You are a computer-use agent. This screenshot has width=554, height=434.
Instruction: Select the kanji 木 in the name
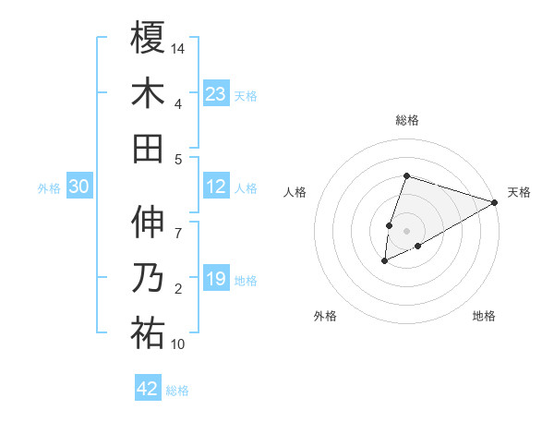click(148, 92)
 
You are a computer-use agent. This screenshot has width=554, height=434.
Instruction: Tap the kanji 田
click(148, 148)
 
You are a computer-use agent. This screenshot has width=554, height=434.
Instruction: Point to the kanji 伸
click(148, 222)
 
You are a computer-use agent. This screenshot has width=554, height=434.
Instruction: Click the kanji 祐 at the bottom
click(148, 333)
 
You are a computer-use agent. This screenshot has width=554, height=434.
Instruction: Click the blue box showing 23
click(216, 94)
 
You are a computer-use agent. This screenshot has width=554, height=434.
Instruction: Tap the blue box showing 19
click(216, 279)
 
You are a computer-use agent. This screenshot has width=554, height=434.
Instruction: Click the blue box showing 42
click(148, 389)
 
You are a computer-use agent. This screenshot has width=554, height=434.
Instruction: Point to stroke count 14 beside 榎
click(179, 48)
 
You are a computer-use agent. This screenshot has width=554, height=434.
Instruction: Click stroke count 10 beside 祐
click(179, 344)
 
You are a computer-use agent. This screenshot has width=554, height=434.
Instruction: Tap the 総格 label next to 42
click(177, 391)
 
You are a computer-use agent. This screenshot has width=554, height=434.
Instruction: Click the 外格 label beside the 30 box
click(49, 188)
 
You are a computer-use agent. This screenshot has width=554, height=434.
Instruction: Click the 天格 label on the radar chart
click(519, 192)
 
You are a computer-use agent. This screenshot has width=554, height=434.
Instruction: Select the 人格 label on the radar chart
click(295, 192)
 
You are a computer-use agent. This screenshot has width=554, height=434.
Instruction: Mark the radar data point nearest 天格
click(494, 201)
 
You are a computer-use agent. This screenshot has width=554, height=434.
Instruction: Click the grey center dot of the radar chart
click(406, 230)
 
